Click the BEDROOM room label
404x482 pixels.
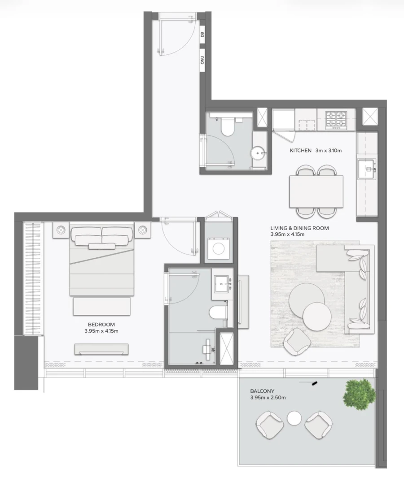tap(101, 325)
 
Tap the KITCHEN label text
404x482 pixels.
tap(301, 151)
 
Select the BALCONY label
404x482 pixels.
tap(263, 391)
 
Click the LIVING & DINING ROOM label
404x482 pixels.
tap(299, 228)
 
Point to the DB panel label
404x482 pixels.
tap(202, 35)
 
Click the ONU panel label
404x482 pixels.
tap(202, 60)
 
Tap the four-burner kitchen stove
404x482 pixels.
tap(336, 119)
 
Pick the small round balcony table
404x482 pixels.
tap(294, 418)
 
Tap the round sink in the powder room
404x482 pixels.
tap(258, 154)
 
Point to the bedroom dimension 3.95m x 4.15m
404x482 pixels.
tap(101, 331)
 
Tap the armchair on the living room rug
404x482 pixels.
tap(296, 342)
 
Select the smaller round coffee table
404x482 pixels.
tap(317, 315)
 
